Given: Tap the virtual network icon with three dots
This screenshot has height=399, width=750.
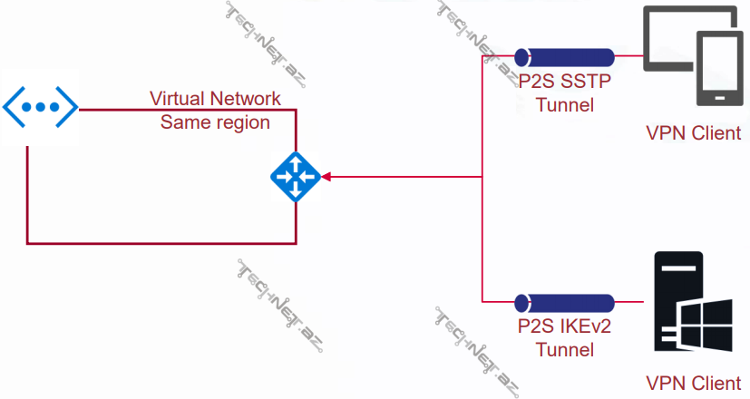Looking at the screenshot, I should click(39, 106).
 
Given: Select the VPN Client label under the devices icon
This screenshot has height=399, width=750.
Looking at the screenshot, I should click(693, 134).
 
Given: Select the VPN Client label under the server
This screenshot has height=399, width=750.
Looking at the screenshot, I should click(693, 382).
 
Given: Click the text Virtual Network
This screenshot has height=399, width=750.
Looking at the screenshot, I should click(215, 99).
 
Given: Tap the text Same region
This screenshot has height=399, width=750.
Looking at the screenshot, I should click(215, 122).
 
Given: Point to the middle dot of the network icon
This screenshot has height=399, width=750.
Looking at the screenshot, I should click(39, 106).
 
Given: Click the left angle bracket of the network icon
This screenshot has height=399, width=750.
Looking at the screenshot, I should click(13, 106).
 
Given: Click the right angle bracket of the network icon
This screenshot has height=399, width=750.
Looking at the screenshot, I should click(66, 106).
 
